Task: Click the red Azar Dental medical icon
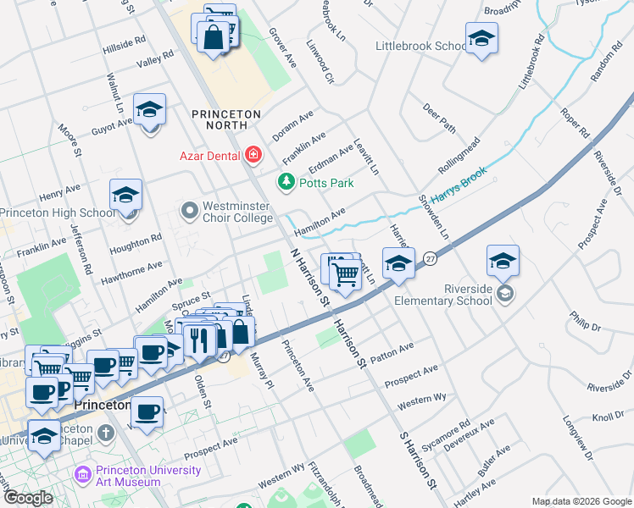click(x=253, y=154)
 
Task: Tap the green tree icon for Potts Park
click(x=286, y=182)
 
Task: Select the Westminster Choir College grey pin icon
click(x=189, y=208)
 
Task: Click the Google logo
click(x=27, y=498)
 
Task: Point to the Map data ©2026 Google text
click(x=581, y=501)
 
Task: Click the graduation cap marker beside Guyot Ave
click(x=150, y=111)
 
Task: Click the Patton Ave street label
click(x=391, y=348)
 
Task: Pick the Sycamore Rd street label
click(x=453, y=432)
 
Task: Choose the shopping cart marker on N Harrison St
click(x=346, y=273)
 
